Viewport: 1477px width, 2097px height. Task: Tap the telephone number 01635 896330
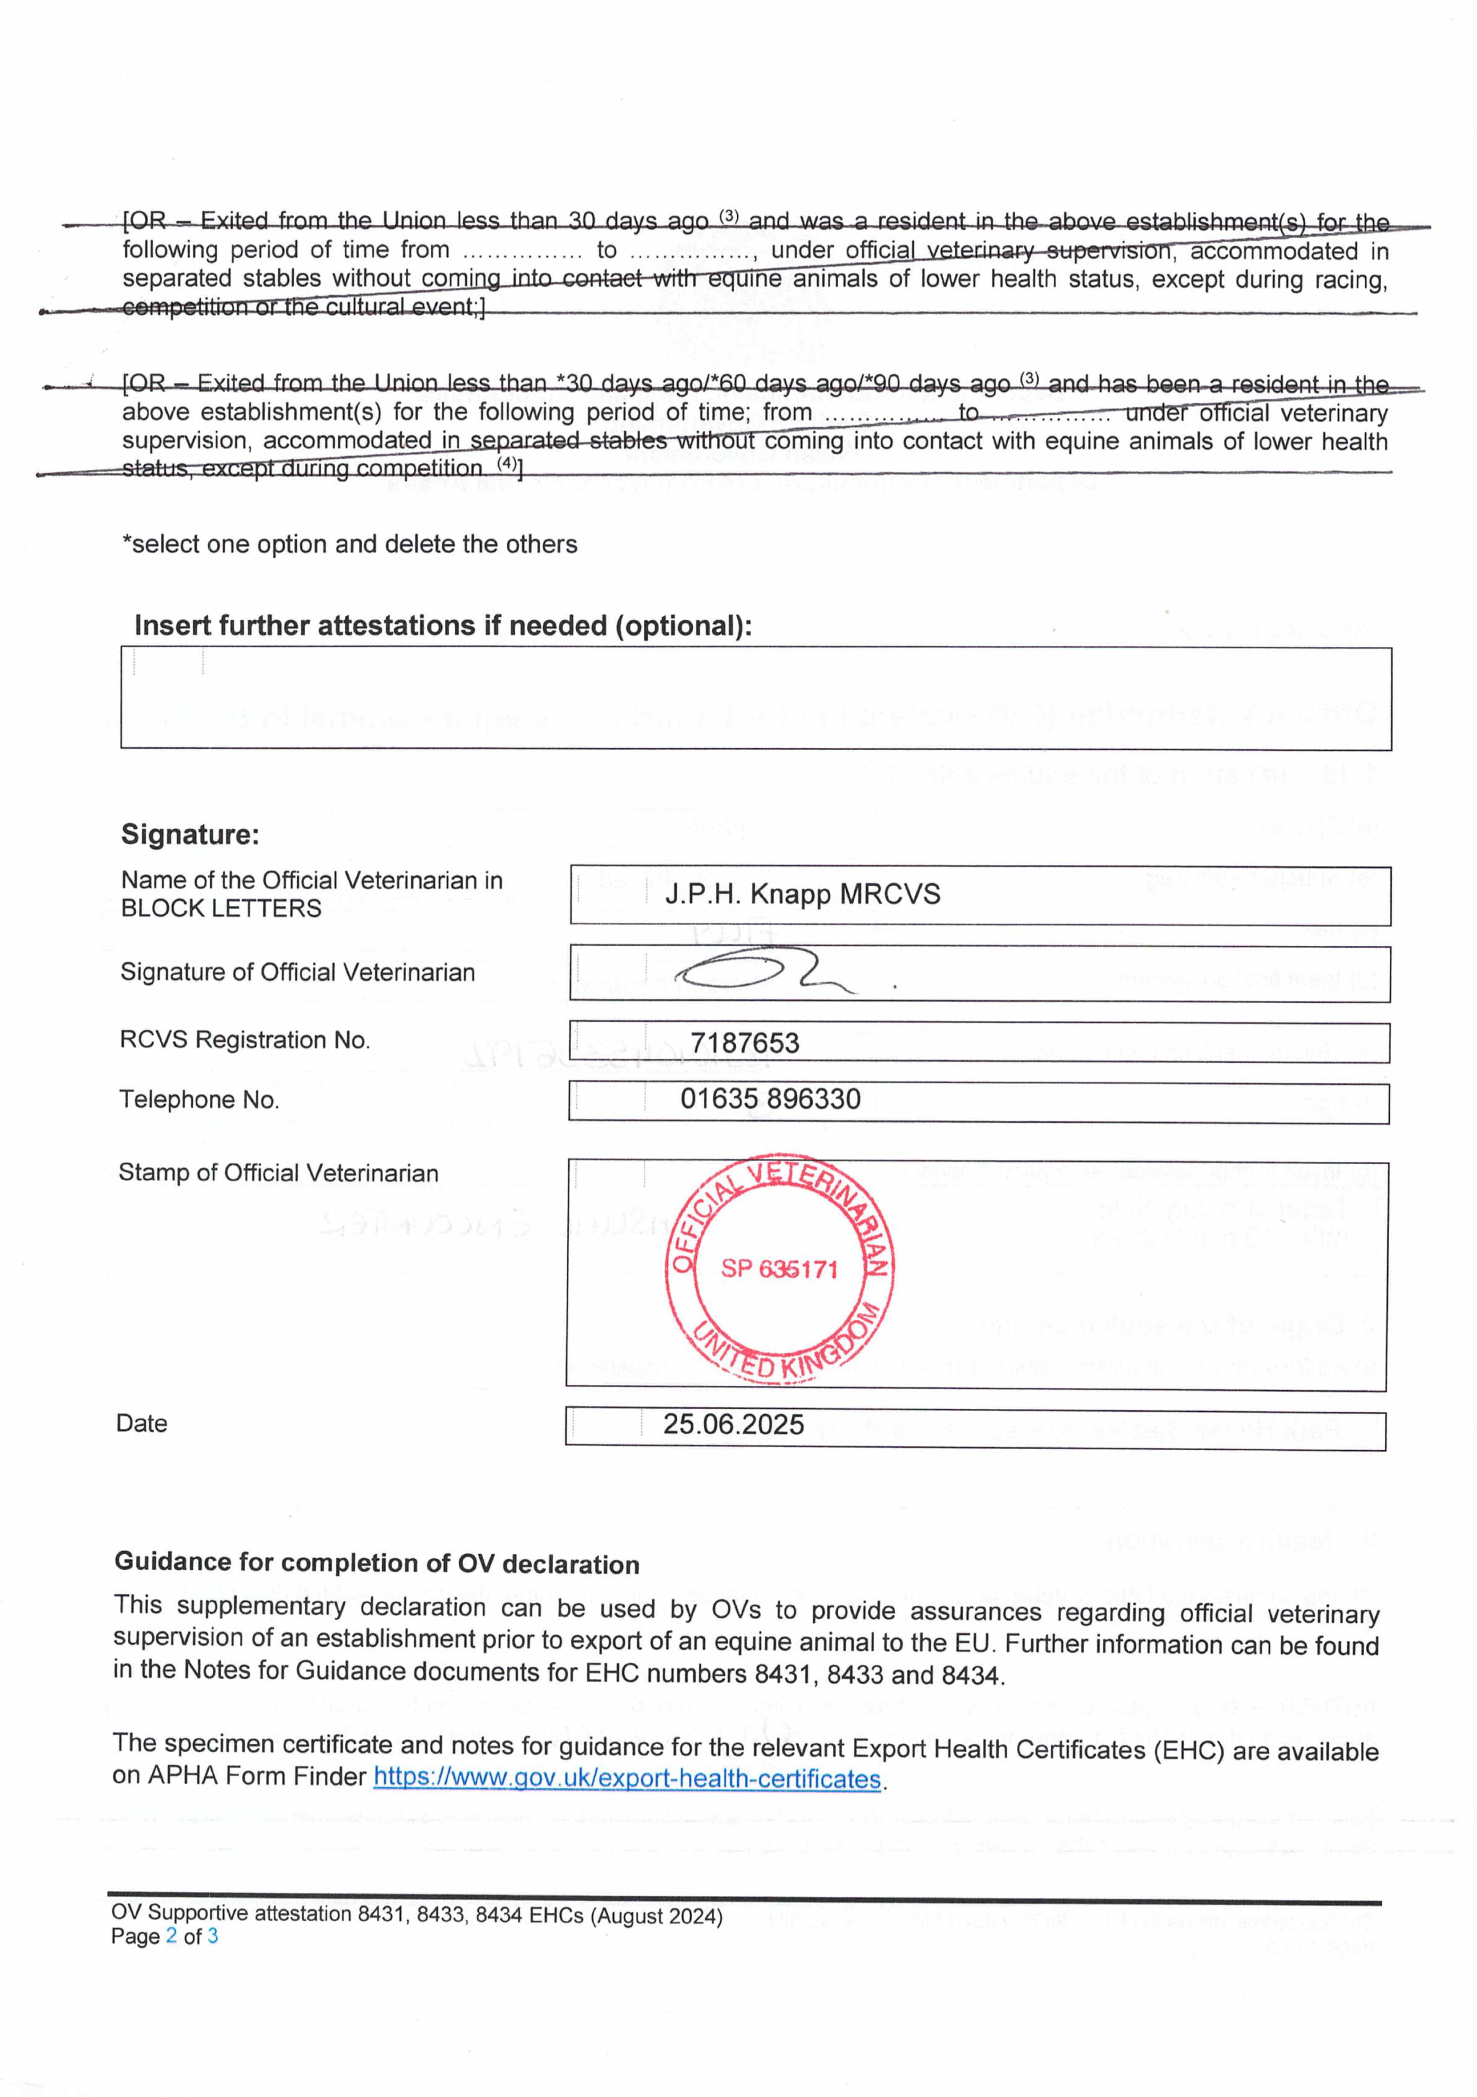pos(770,1099)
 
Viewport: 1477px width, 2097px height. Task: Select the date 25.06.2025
pos(733,1425)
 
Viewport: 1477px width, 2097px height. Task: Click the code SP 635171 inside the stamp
pos(779,1269)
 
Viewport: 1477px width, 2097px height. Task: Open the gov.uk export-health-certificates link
pos(627,1779)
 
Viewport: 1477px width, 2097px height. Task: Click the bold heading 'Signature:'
pos(190,834)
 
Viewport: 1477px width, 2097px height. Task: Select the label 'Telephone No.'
pos(199,1100)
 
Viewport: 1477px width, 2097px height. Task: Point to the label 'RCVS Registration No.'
pos(245,1040)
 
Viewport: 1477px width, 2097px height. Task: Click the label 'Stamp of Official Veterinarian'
pos(278,1173)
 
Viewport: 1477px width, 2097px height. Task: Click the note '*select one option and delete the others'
pos(350,544)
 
